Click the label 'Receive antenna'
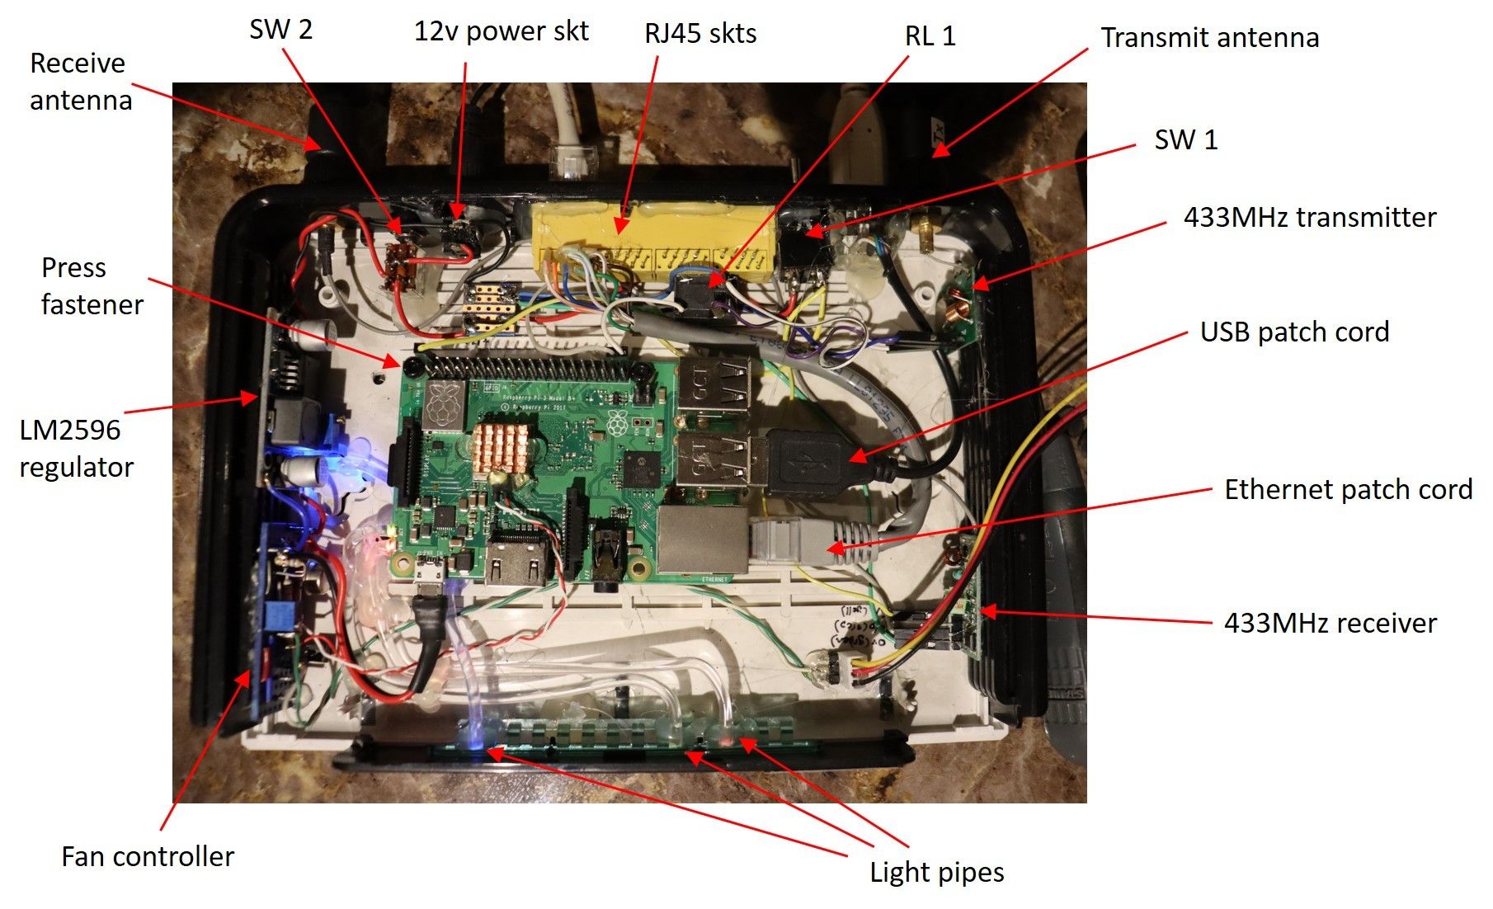coord(80,82)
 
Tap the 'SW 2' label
coord(280,31)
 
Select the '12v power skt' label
coord(501,32)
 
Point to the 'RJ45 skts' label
coord(700,34)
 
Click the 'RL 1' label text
coord(930,36)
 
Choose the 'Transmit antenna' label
coord(1209,38)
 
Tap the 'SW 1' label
coord(1185,140)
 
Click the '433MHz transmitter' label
coord(1309,218)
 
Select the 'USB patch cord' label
coord(1293,332)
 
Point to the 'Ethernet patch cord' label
coord(1348,490)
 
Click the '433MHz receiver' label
coord(1330,624)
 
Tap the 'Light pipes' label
coord(936,873)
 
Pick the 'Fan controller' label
coord(148,857)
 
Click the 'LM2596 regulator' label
coord(75,449)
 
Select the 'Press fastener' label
coord(92,286)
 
